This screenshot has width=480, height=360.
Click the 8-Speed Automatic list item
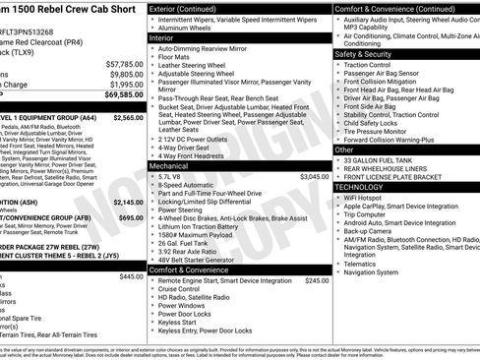(x=191, y=184)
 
